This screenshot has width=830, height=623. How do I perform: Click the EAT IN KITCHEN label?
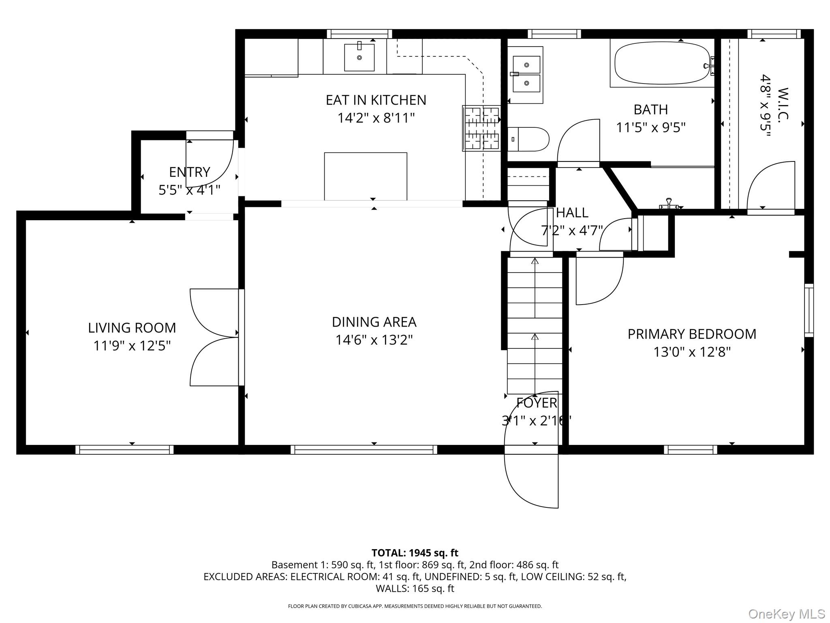(x=376, y=100)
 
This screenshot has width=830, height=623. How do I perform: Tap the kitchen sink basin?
(x=359, y=58)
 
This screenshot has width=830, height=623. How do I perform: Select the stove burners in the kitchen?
(x=481, y=128)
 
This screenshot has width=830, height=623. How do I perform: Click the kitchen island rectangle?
(x=366, y=176)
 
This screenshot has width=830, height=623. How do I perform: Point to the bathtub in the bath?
(x=661, y=64)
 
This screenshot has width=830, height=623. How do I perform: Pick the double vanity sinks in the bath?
(x=526, y=74)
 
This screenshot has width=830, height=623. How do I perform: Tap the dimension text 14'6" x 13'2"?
(x=374, y=340)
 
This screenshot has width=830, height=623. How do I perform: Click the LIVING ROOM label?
(x=132, y=328)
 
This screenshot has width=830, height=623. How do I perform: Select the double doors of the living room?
(x=214, y=337)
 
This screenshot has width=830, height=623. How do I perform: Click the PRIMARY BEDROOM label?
(x=692, y=334)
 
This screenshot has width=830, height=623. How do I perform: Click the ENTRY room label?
(x=189, y=172)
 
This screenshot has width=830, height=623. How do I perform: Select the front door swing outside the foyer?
(x=531, y=481)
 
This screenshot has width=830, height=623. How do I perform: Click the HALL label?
(x=572, y=213)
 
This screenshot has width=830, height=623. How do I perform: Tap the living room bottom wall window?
(x=124, y=449)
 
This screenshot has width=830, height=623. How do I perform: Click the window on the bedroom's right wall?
(x=809, y=310)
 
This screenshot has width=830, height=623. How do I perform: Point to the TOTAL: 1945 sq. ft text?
(x=415, y=553)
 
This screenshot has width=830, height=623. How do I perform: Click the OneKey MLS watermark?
(x=786, y=614)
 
